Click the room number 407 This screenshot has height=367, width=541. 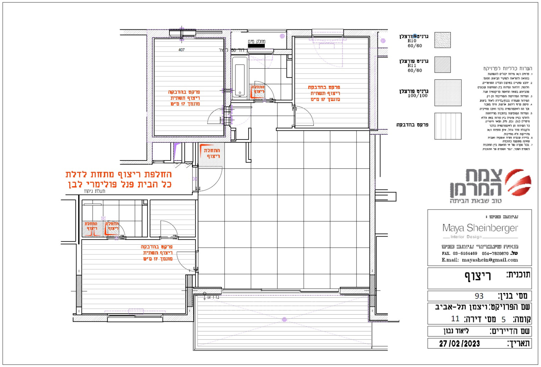(182, 50)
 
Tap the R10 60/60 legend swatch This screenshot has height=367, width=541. (442, 40)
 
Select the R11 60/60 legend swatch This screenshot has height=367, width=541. (442, 65)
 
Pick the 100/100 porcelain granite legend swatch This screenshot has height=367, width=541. (448, 93)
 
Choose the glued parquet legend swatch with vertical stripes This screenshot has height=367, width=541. (448, 126)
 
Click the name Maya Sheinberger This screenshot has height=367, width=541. (480, 228)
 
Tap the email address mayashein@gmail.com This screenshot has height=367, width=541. (490, 260)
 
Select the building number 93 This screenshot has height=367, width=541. (479, 296)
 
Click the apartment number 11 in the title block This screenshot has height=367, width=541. (455, 319)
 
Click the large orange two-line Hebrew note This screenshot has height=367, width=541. (119, 179)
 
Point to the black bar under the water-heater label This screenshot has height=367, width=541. (256, 46)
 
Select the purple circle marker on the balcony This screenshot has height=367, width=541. (284, 319)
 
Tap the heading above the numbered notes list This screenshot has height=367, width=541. (508, 69)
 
